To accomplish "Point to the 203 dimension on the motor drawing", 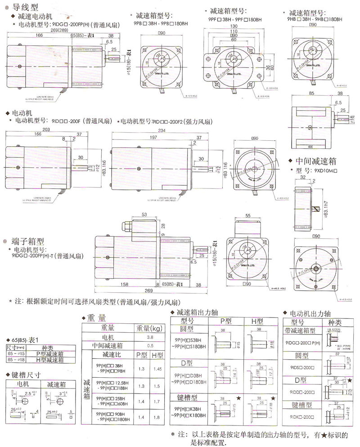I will (x=47, y=129).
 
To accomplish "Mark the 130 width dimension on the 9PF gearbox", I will (x=233, y=27).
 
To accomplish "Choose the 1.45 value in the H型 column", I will (x=157, y=369).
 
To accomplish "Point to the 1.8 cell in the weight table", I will (x=157, y=418).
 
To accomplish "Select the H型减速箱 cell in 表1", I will (x=47, y=360).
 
